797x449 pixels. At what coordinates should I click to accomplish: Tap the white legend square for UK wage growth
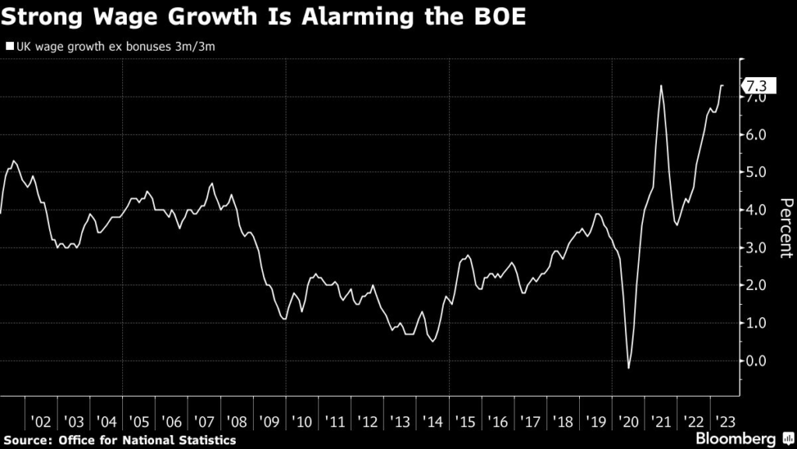(9, 47)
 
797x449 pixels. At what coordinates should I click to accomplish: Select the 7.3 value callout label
(755, 86)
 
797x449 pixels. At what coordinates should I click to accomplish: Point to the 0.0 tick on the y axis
(755, 361)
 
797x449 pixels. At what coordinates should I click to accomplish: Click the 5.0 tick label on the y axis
(755, 172)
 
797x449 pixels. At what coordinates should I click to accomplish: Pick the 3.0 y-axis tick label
(755, 248)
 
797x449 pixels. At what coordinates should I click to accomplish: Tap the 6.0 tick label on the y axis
(755, 135)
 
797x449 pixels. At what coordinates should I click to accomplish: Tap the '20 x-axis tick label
(627, 421)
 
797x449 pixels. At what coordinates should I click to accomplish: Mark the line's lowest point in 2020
(628, 367)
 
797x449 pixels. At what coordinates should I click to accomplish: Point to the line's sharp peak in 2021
(661, 86)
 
